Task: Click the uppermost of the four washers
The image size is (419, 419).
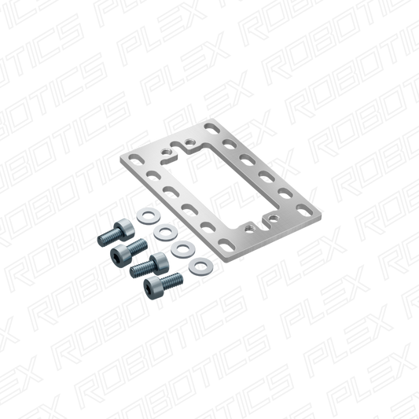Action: click(x=149, y=216)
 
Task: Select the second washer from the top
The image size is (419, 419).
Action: click(x=166, y=232)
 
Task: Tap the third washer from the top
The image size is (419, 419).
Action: click(x=183, y=249)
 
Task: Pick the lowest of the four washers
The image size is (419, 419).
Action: click(x=200, y=266)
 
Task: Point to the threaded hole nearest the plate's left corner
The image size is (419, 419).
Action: click(x=166, y=153)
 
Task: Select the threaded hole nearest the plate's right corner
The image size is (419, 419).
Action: click(x=272, y=217)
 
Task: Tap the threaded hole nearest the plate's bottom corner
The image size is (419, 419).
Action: click(x=249, y=229)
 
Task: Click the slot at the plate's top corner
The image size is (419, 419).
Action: click(x=212, y=128)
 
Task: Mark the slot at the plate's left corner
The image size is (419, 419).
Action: click(x=136, y=160)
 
